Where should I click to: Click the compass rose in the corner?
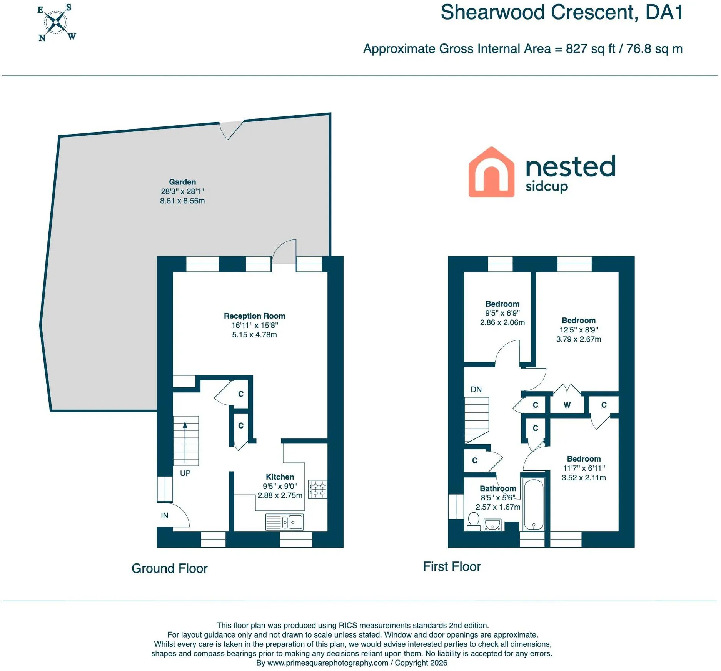click(x=57, y=22)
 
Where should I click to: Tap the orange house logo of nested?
click(x=491, y=172)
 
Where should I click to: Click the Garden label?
click(x=182, y=182)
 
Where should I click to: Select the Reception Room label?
click(x=254, y=316)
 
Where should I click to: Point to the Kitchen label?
click(x=280, y=477)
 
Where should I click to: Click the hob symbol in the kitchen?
click(x=318, y=489)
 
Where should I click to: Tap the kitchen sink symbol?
click(x=284, y=522)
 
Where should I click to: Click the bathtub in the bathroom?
click(x=533, y=504)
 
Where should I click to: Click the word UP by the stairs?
click(x=185, y=473)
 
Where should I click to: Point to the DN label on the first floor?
click(x=476, y=389)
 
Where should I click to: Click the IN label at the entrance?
click(x=165, y=516)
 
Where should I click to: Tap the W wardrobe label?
click(x=567, y=405)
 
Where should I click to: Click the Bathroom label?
click(x=498, y=488)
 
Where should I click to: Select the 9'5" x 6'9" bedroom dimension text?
click(x=502, y=313)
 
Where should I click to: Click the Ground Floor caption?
click(x=169, y=568)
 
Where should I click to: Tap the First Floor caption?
click(x=452, y=566)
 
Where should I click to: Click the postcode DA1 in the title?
click(x=664, y=12)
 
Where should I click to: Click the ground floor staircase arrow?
click(x=185, y=442)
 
